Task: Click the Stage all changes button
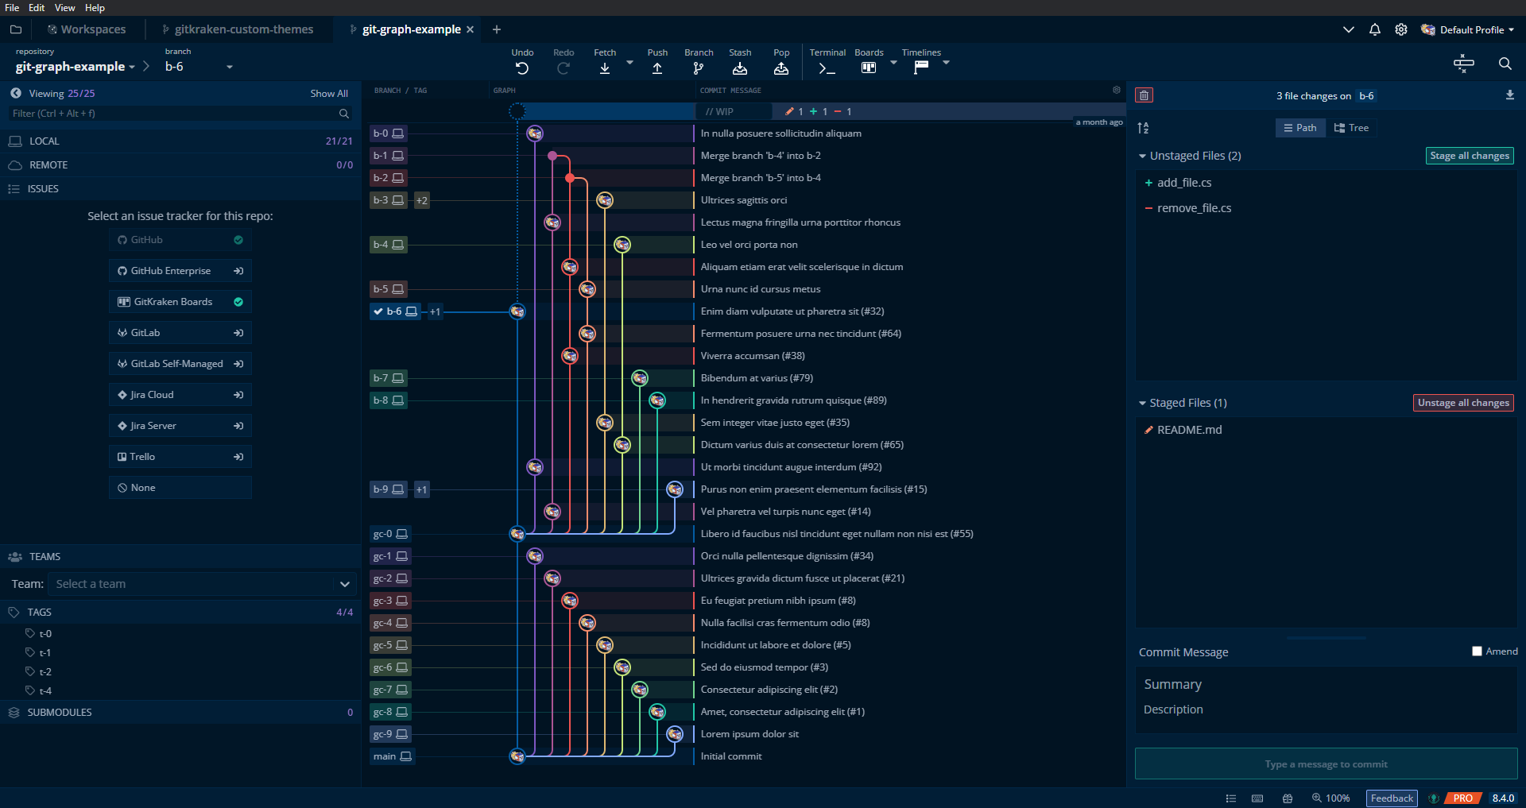pyautogui.click(x=1469, y=156)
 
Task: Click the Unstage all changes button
pyautogui.click(x=1463, y=403)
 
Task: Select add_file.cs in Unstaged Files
pyautogui.click(x=1184, y=183)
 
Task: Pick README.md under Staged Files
pyautogui.click(x=1189, y=430)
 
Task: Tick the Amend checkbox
pyautogui.click(x=1477, y=651)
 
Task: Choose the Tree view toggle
pyautogui.click(x=1351, y=128)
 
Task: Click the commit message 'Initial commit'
pyautogui.click(x=731, y=756)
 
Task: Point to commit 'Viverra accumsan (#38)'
pyautogui.click(x=753, y=356)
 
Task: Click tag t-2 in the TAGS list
pyautogui.click(x=45, y=672)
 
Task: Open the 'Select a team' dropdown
pyautogui.click(x=202, y=584)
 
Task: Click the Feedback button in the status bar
pyautogui.click(x=1391, y=798)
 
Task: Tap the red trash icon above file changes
pyautogui.click(x=1144, y=95)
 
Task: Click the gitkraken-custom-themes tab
pyautogui.click(x=243, y=29)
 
